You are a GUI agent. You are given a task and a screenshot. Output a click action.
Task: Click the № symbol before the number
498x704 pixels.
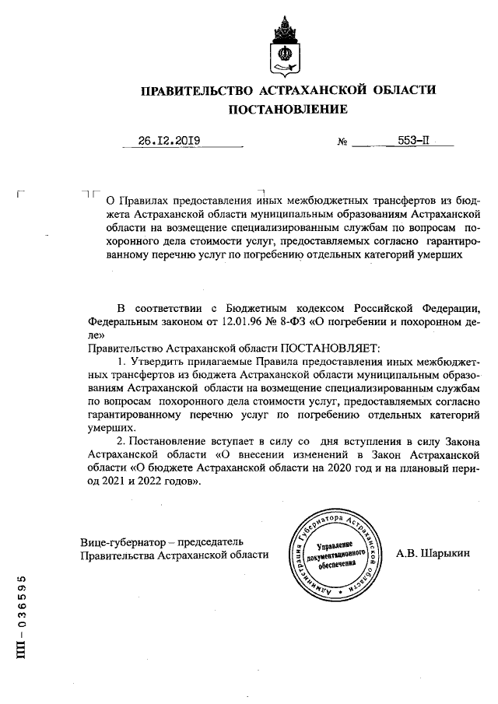(342, 143)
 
